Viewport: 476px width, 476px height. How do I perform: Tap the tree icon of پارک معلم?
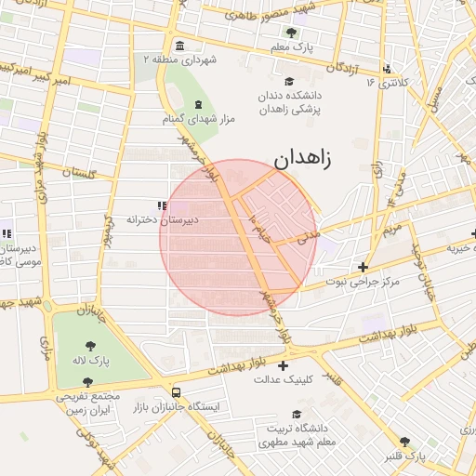[x=291, y=33]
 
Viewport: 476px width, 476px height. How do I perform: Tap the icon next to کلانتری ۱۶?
[x=387, y=68]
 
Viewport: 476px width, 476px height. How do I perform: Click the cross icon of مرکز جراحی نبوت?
[x=363, y=267]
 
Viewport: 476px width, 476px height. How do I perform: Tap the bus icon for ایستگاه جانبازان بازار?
[x=176, y=393]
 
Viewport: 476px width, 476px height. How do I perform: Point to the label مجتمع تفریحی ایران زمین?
[x=89, y=403]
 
